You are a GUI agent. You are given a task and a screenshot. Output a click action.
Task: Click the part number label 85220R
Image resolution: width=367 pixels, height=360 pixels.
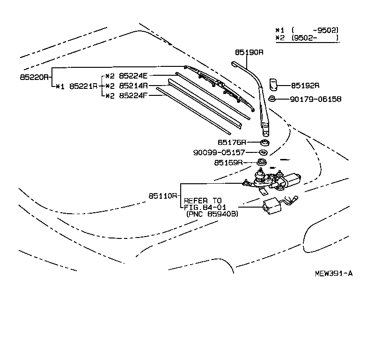(x=34, y=75)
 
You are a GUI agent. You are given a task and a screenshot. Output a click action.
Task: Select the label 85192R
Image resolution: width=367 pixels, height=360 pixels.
(x=305, y=86)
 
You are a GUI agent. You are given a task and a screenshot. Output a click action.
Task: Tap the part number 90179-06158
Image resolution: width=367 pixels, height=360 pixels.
(x=316, y=99)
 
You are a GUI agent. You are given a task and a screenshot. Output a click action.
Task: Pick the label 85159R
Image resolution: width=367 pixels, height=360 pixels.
(x=228, y=163)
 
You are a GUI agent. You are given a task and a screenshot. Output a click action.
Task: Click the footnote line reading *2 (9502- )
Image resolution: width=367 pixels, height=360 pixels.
(x=307, y=37)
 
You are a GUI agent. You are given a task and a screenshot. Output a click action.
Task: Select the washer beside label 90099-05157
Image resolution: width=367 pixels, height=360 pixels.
(x=263, y=152)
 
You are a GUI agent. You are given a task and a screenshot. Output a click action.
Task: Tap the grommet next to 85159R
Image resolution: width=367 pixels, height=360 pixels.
(x=262, y=163)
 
